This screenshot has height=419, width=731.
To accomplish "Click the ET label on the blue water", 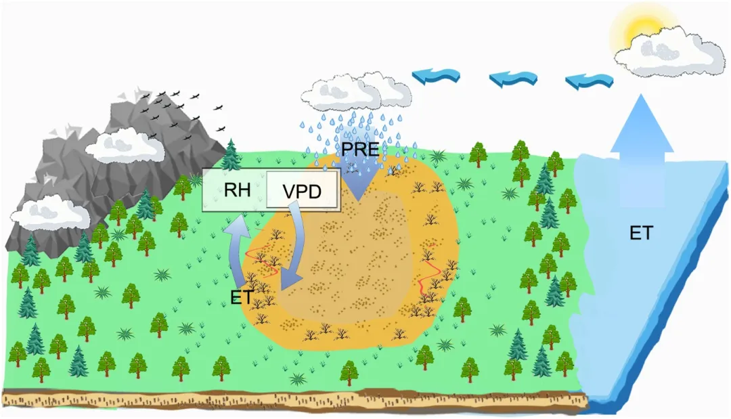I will coord(640,234).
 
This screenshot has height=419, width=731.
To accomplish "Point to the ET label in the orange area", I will coord(242,296).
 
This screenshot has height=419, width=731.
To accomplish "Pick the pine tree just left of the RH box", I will coord(231,156).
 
